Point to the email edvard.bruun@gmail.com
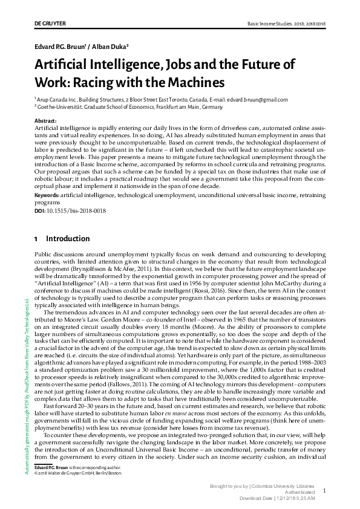pyautogui.click(x=262, y=100)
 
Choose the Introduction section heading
pyautogui.click(x=68, y=239)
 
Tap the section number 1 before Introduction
pyautogui.click(x=36, y=239)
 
